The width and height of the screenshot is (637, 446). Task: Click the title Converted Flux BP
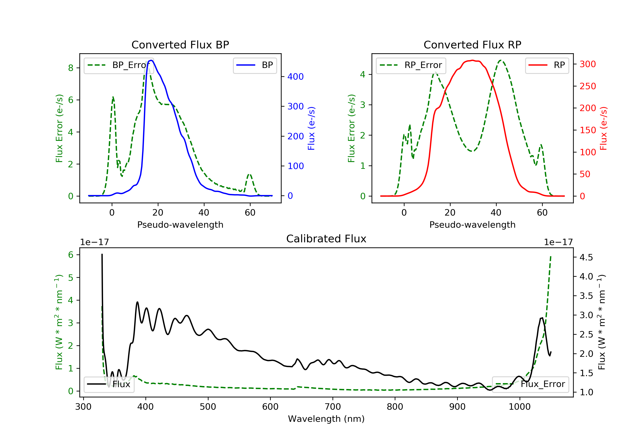coord(180,45)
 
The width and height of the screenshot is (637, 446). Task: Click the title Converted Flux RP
coord(472,45)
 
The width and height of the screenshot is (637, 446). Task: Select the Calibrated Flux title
coord(326,239)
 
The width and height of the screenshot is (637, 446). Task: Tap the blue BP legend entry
coord(255,65)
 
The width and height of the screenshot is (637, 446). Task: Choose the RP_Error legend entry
coord(411,65)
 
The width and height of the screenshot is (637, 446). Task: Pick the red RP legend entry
coord(547,65)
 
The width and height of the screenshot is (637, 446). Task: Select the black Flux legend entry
coord(109,384)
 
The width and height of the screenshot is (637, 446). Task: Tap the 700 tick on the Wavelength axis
coord(333,406)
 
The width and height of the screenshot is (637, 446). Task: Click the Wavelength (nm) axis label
coord(326,419)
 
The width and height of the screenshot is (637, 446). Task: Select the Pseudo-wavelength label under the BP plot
coord(180,224)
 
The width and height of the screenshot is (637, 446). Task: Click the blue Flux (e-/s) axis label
coord(311,128)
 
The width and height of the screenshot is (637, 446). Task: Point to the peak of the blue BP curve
coord(151,60)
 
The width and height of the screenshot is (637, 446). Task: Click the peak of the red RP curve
coord(472,60)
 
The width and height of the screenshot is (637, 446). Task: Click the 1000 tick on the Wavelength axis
coord(519,406)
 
